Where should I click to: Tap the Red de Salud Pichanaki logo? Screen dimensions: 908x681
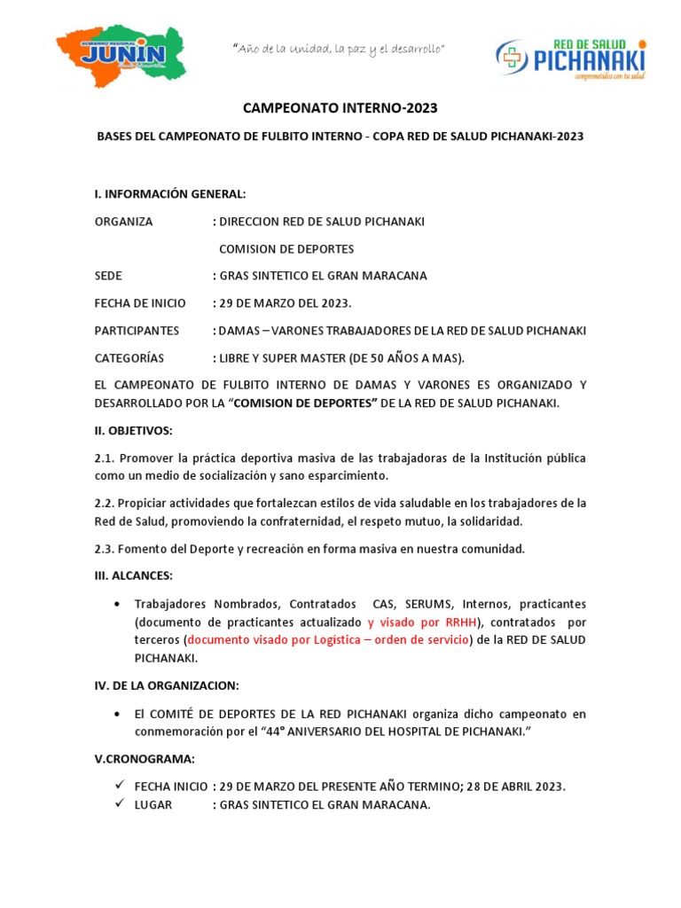point(570,59)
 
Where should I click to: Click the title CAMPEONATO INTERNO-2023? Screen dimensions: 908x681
point(340,108)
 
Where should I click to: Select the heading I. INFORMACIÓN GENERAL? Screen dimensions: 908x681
point(169,194)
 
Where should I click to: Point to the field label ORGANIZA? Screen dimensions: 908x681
point(123,222)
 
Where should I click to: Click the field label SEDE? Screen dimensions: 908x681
point(108,276)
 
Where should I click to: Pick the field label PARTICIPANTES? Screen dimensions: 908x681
point(137,331)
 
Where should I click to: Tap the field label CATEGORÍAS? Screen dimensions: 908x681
point(129,358)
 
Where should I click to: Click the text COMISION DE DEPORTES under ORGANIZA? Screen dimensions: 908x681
point(286,249)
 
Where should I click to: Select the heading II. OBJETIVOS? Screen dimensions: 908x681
point(134,431)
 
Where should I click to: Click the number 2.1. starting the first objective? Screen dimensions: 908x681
point(105,458)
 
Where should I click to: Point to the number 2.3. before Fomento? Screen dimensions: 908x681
point(105,549)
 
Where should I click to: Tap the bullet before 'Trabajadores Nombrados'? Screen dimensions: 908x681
point(119,604)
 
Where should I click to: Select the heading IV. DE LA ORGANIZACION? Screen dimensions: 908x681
point(167,686)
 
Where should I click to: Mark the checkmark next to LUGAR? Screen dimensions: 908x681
point(119,804)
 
